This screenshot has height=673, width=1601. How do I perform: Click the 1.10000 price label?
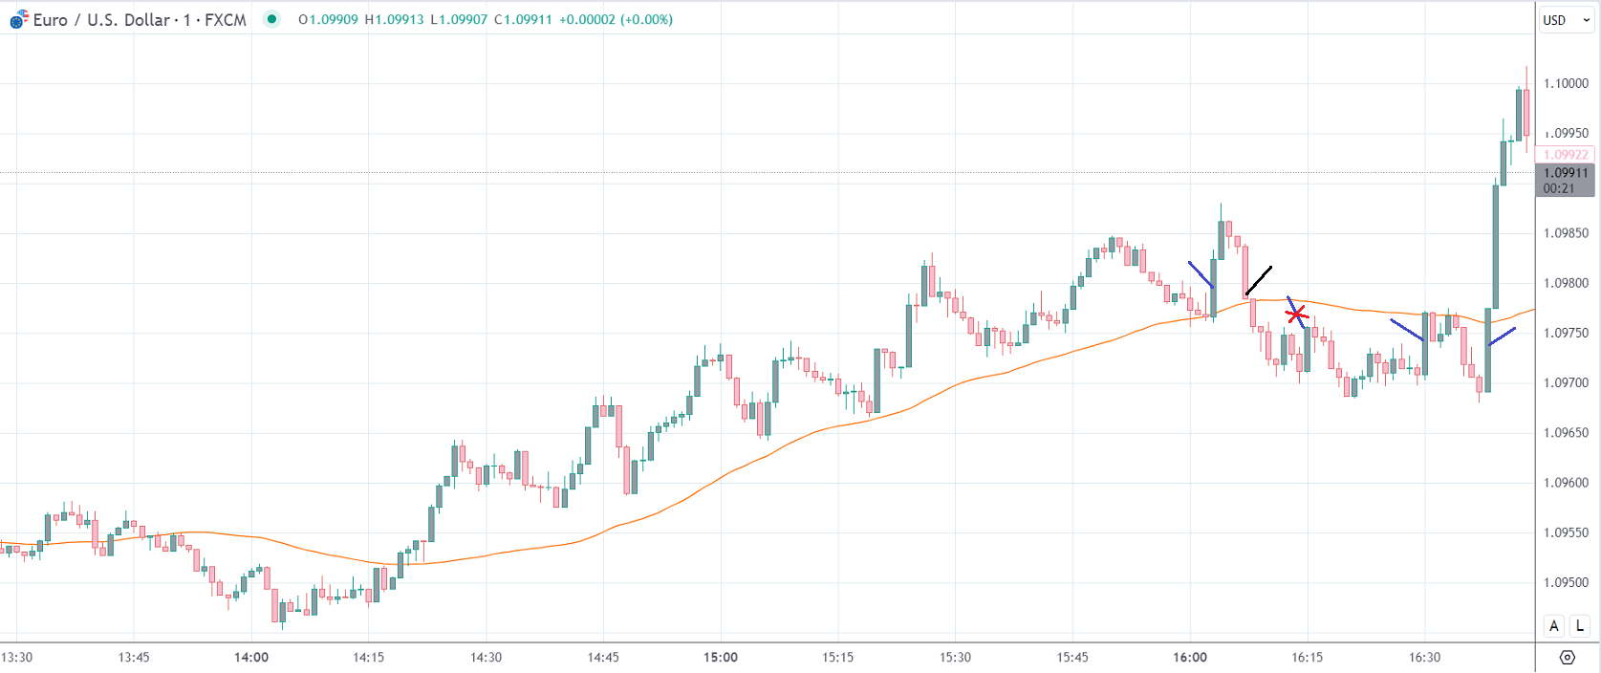1566,83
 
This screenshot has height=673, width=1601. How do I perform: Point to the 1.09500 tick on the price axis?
1566,582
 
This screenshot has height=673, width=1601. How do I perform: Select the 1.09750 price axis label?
1566,333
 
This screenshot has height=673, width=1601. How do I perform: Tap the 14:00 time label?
251,657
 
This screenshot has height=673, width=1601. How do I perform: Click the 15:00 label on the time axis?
721,657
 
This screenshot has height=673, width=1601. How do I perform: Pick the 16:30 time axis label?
1424,657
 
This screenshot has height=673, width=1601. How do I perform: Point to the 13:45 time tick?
134,657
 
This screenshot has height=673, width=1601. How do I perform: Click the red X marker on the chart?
1296,314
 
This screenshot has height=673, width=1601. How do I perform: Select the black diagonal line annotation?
1258,281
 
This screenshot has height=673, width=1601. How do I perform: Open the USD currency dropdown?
1566,20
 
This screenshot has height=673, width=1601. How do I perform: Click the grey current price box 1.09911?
1565,180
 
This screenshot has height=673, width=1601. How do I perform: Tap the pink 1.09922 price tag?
1566,154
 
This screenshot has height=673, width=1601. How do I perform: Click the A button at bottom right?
1554,626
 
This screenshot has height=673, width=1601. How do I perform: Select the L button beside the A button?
1580,626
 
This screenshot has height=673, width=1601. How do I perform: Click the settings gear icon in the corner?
1567,657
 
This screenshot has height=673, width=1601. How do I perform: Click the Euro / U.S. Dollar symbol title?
140,20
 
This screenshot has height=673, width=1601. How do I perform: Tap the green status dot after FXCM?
272,19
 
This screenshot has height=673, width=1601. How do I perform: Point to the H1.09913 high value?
394,20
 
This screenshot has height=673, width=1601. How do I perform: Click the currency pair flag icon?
19,20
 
